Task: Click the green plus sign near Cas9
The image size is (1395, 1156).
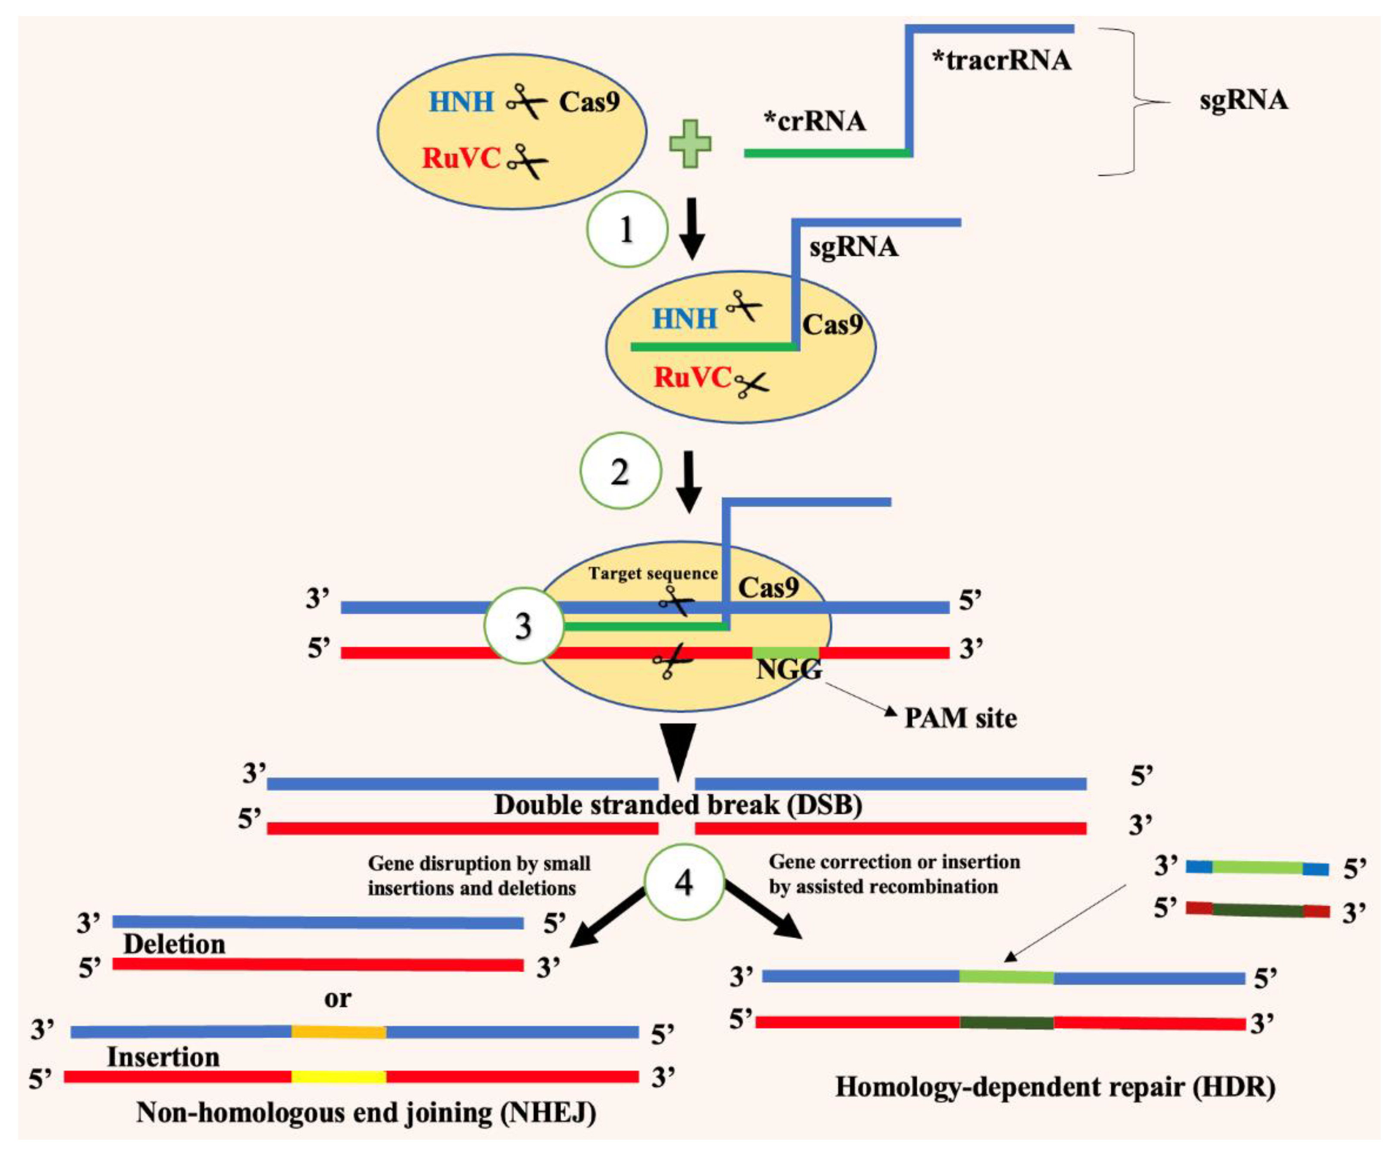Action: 690,144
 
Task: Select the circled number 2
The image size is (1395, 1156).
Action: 620,471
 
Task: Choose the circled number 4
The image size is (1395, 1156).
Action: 684,882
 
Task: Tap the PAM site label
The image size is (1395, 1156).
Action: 961,718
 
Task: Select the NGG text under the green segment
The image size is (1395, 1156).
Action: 789,669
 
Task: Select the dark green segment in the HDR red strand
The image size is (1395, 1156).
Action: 1006,1022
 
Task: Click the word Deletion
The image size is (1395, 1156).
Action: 174,945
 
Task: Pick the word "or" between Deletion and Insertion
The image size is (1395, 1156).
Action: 337,999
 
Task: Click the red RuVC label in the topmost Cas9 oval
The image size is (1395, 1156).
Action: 461,158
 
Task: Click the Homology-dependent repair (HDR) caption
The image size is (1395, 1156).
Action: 1055,1087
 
